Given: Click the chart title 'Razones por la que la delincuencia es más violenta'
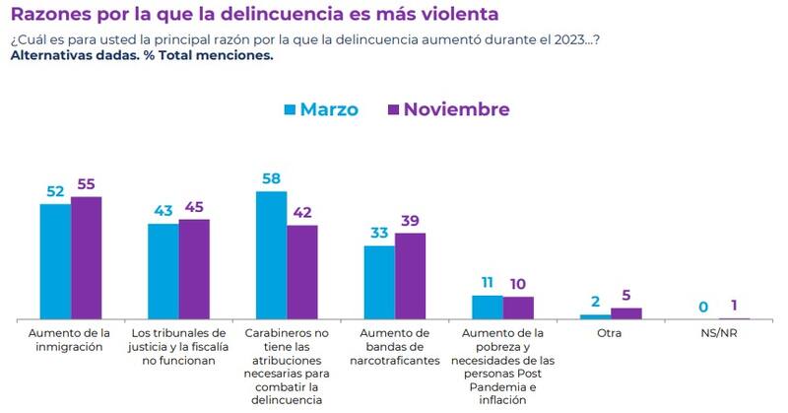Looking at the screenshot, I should pyautogui.click(x=254, y=15).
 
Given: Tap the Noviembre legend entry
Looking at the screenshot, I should pyautogui.click(x=449, y=109).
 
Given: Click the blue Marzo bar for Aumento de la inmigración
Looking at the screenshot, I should pyautogui.click(x=55, y=261).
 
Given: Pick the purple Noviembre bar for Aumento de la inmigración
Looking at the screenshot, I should pyautogui.click(x=86, y=257).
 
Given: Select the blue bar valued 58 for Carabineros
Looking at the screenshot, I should pyautogui.click(x=272, y=254).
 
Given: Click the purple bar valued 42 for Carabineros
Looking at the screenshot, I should pyautogui.click(x=302, y=272).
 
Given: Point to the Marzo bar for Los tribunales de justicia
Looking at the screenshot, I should pyautogui.click(x=164, y=271).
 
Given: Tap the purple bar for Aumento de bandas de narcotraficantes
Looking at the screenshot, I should pyautogui.click(x=410, y=275).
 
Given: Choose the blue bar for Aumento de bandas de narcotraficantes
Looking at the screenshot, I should pyautogui.click(x=379, y=282).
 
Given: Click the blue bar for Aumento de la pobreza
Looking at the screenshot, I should pyautogui.click(x=488, y=307).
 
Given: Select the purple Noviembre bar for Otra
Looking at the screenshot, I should pyautogui.click(x=625, y=313).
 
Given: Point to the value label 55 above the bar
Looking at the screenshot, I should pyautogui.click(x=87, y=184).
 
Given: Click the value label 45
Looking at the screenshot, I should pyautogui.click(x=195, y=207).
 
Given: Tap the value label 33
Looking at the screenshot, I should pyautogui.click(x=379, y=234).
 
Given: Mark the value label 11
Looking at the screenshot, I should pyautogui.click(x=488, y=283).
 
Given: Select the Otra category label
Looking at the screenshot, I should pyautogui.click(x=611, y=334).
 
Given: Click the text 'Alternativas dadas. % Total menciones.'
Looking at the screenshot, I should pyautogui.click(x=141, y=55).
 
